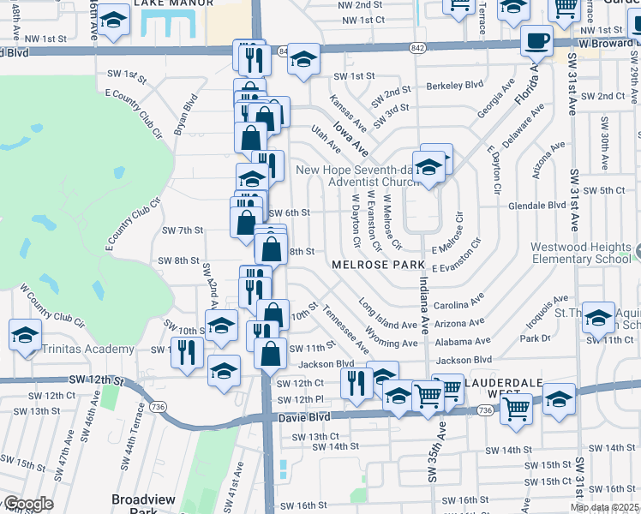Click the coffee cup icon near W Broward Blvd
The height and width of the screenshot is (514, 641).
tap(536, 40)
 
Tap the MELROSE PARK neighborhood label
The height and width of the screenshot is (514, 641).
tap(374, 266)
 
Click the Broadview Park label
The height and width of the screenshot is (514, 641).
tap(143, 505)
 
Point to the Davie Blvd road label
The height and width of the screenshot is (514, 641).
tap(304, 418)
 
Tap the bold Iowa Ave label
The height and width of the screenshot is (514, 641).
tap(350, 139)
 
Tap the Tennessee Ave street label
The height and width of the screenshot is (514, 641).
tap(346, 332)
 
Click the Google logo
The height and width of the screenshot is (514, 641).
tap(27, 504)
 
